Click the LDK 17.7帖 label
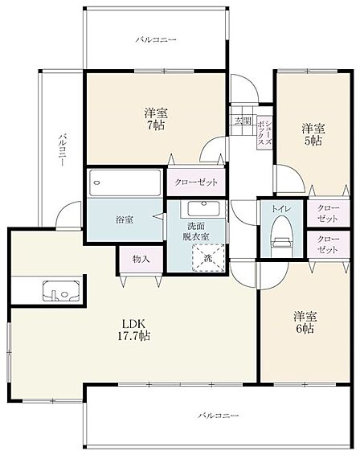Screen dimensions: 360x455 [133, 330]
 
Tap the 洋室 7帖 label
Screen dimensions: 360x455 [156, 119]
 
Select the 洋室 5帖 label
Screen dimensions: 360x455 [313, 134]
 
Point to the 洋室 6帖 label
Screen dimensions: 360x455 [305, 322]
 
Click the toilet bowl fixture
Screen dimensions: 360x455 [281, 236]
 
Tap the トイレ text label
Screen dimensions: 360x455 [281, 209]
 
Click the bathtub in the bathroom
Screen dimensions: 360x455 [125, 182]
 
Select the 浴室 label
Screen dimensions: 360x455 [125, 219]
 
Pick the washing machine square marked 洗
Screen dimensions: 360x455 [208, 258]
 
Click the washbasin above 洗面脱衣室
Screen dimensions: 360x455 [202, 208]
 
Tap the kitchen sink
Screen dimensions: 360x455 [61, 291]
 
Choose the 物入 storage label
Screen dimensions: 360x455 [141, 259]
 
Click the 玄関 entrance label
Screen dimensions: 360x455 [243, 121]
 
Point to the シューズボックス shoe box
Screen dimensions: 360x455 [265, 133]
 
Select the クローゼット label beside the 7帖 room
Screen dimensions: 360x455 [196, 182]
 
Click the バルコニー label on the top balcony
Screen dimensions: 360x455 [156, 39]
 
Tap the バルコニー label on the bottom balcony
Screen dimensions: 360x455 [219, 416]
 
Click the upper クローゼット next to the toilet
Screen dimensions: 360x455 [328, 213]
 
